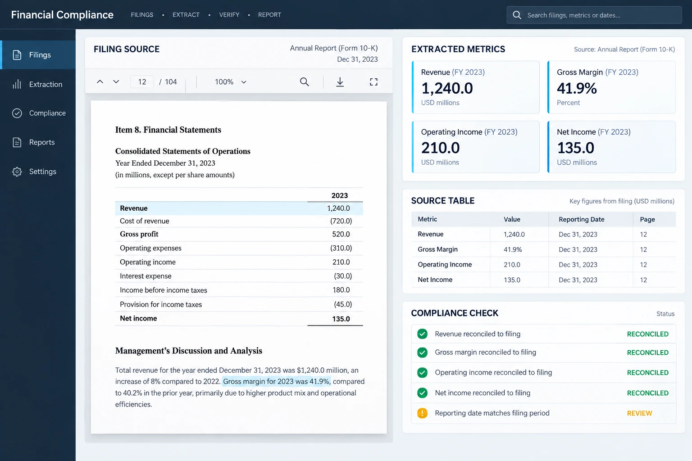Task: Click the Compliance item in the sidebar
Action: (39, 113)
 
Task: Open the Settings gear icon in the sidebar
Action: (17, 172)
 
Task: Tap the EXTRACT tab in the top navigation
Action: (186, 15)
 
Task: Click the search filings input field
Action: (594, 15)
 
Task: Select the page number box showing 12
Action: (142, 82)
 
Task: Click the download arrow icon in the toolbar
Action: (340, 82)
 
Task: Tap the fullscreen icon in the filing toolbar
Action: (373, 82)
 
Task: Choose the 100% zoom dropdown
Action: (231, 82)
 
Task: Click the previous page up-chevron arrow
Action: (100, 82)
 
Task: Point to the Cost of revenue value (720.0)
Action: (341, 221)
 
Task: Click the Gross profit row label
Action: (139, 234)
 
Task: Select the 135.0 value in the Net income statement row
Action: (341, 319)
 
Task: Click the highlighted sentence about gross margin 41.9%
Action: (277, 381)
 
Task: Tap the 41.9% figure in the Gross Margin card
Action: (577, 88)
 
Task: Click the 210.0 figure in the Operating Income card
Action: (441, 148)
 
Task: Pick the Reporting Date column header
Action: (582, 219)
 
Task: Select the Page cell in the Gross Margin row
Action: (643, 249)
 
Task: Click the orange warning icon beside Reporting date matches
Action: (422, 413)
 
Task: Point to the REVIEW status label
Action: (639, 413)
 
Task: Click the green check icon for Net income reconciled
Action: (422, 393)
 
